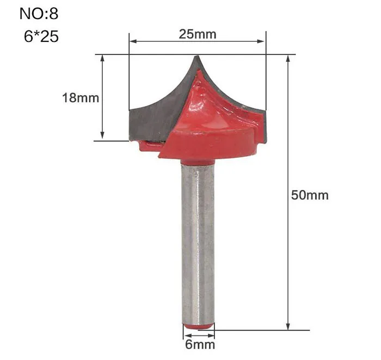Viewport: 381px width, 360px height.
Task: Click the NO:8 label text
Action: click(39, 14)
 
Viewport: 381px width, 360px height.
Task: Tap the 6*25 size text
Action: click(41, 36)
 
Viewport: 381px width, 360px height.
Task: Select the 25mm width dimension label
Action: click(197, 34)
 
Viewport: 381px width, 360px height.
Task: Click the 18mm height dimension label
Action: click(81, 98)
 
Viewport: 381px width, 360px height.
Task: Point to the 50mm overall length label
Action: click(310, 195)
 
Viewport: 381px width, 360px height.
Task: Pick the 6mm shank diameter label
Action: click(200, 344)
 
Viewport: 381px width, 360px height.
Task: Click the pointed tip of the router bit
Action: click(197, 56)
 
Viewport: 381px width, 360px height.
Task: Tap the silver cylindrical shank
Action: click(198, 243)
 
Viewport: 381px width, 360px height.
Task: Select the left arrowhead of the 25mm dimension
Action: click(133, 41)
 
